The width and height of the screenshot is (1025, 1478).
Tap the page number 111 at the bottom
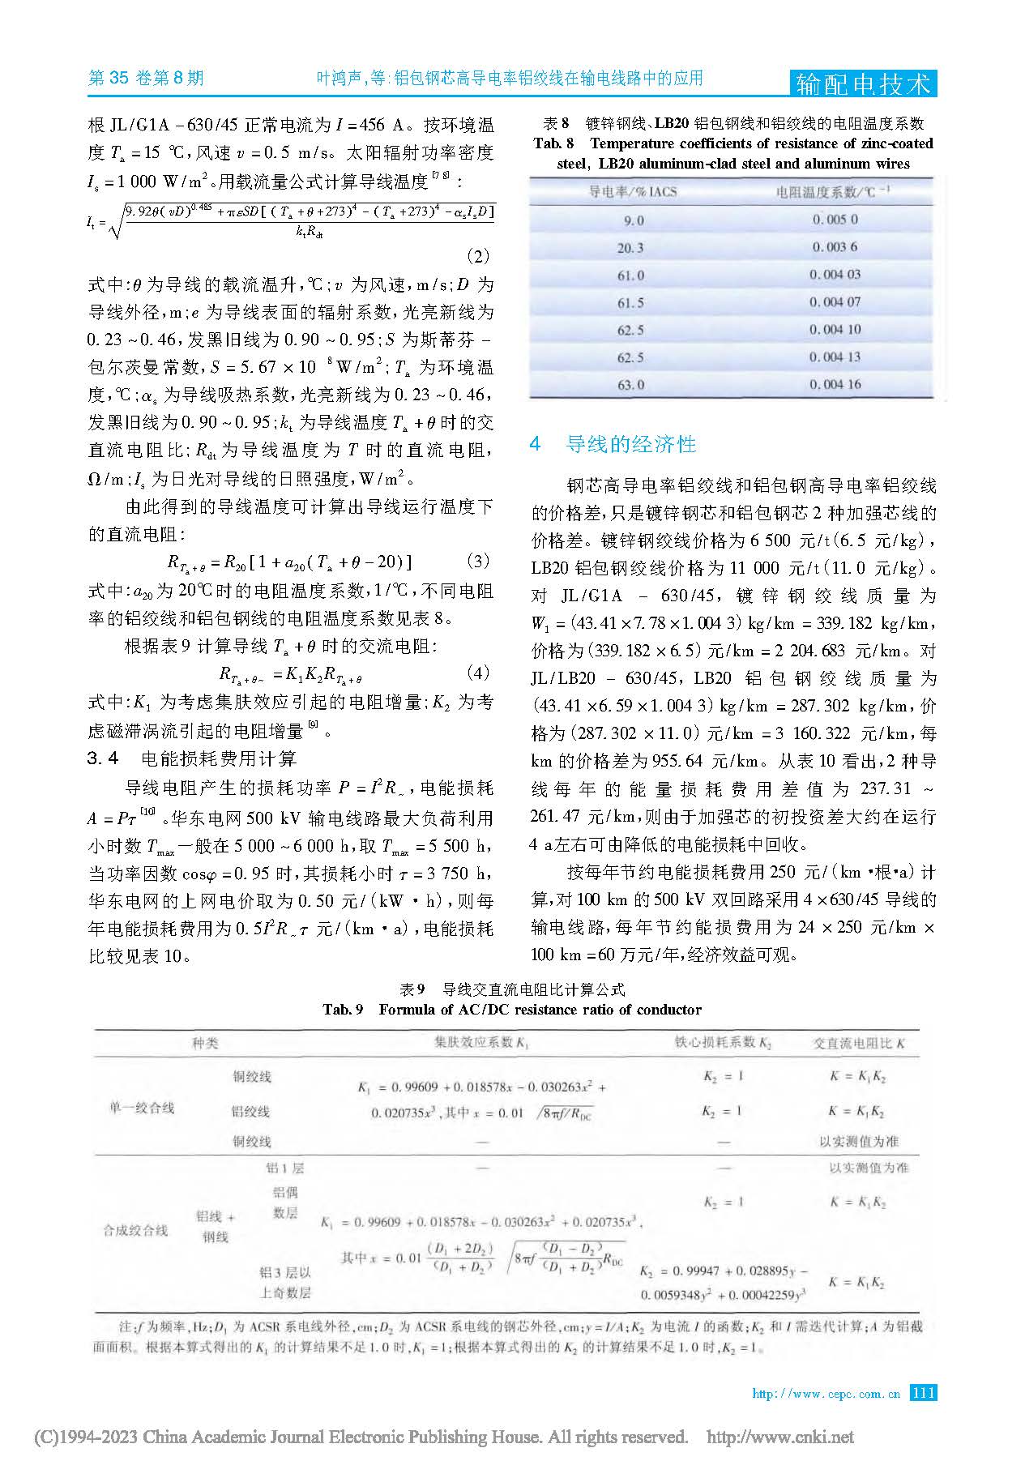(923, 1394)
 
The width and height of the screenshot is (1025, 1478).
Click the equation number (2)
(480, 256)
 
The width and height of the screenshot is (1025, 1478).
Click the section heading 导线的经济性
(630, 444)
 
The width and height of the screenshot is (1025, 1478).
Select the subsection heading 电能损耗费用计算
(218, 758)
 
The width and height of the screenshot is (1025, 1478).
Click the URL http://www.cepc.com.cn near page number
(826, 1395)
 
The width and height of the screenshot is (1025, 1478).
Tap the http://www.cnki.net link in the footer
(780, 1437)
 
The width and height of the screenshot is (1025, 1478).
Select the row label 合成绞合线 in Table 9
(135, 1229)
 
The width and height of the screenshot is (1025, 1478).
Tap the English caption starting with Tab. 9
(511, 1010)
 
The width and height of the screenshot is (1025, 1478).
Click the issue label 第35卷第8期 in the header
(145, 79)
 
